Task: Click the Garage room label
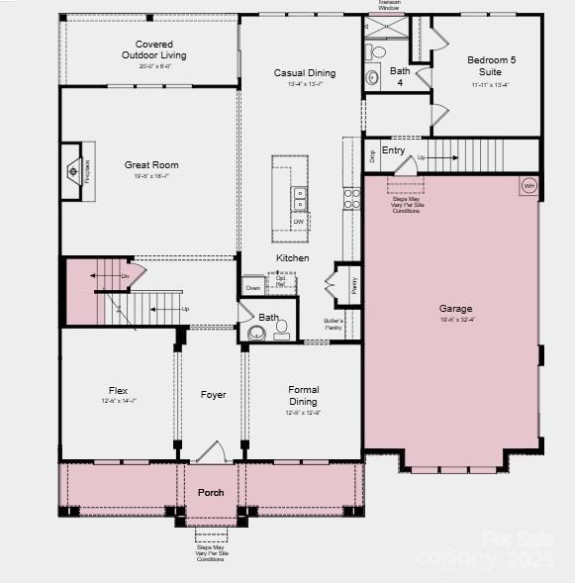pyautogui.click(x=456, y=309)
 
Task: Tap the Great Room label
pyautogui.click(x=151, y=164)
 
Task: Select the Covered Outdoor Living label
pyautogui.click(x=153, y=49)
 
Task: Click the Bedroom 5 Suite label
pyautogui.click(x=492, y=65)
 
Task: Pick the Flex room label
pyautogui.click(x=118, y=391)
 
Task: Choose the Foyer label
pyautogui.click(x=214, y=395)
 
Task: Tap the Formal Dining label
pyautogui.click(x=303, y=395)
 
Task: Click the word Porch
pyautogui.click(x=211, y=492)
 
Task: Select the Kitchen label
pyautogui.click(x=292, y=258)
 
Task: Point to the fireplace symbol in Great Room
pyautogui.click(x=75, y=170)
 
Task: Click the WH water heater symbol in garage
pyautogui.click(x=528, y=185)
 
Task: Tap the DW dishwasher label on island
pyautogui.click(x=298, y=222)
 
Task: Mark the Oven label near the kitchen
pyautogui.click(x=252, y=287)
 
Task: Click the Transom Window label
pyautogui.click(x=390, y=5)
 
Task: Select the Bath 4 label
pyautogui.click(x=400, y=76)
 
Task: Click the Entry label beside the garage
pyautogui.click(x=393, y=150)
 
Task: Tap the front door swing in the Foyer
pyautogui.click(x=212, y=453)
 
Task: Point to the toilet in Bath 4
pyautogui.click(x=377, y=51)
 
